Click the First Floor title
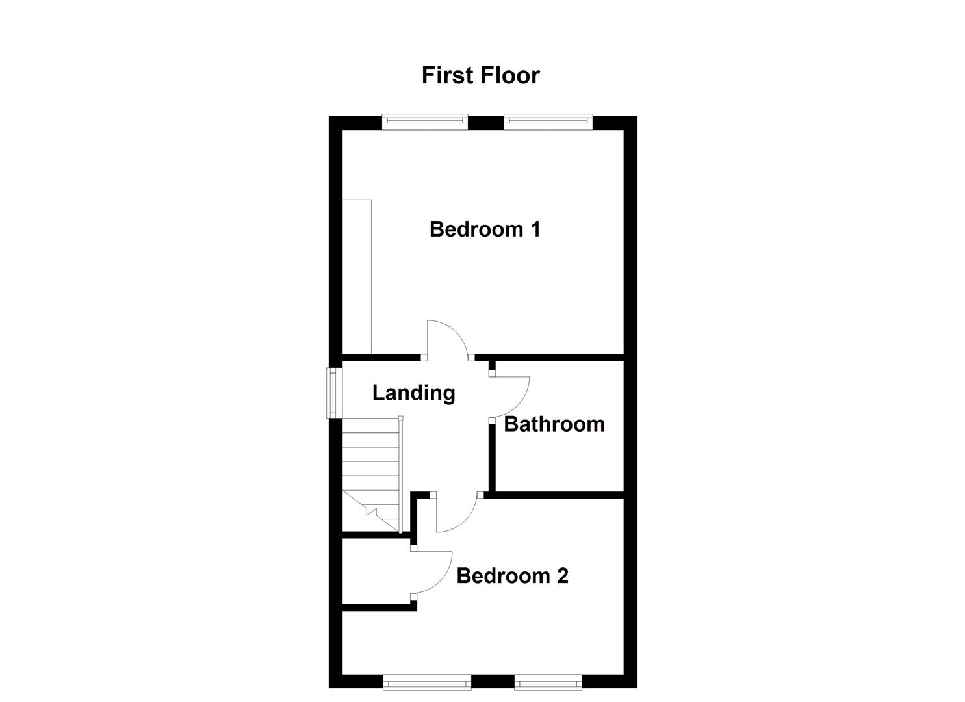[x=480, y=75]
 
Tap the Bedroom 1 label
[x=485, y=229]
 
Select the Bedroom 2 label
[x=512, y=576]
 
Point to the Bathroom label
[x=554, y=424]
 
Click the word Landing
[x=413, y=393]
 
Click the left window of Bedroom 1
[x=424, y=121]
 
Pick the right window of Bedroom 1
[x=548, y=121]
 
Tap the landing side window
[x=333, y=392]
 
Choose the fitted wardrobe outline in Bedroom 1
[x=357, y=276]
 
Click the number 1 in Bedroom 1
[x=535, y=229]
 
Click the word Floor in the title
[x=511, y=75]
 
